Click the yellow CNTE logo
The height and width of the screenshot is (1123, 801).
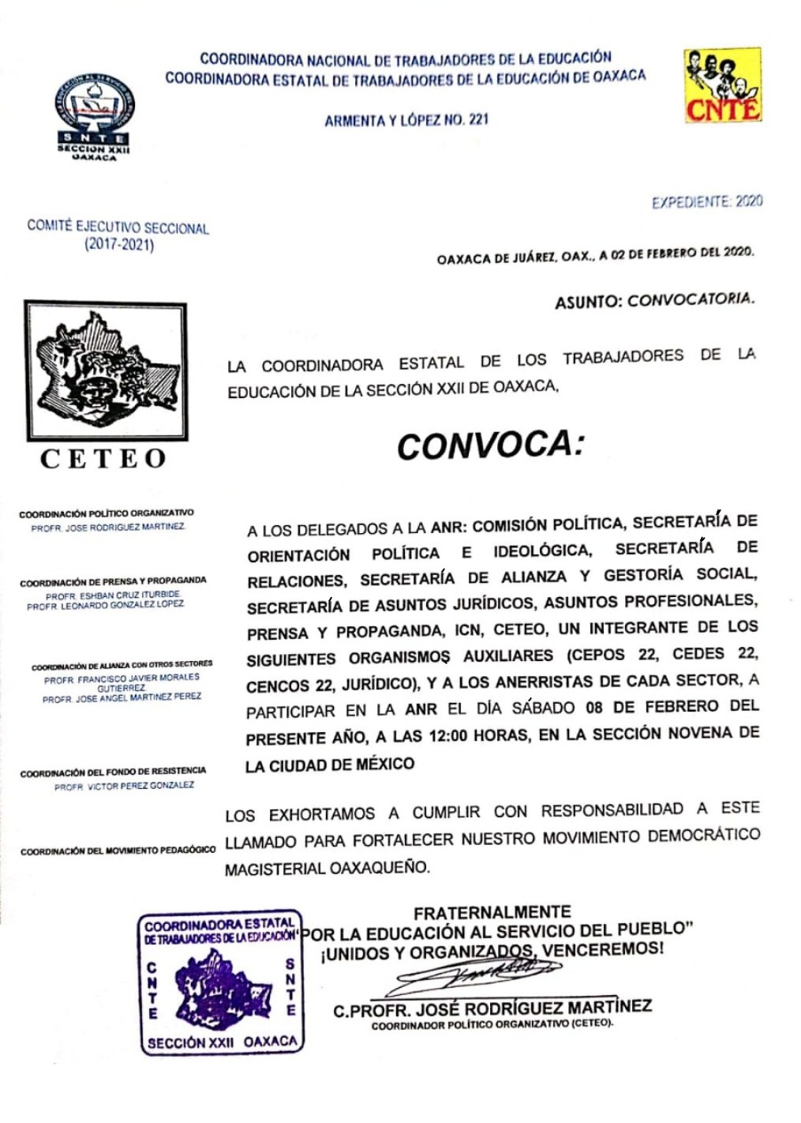coord(722,85)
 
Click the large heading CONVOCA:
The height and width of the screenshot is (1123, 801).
coord(490,445)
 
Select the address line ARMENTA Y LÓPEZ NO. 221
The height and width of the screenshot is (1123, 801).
coord(406,120)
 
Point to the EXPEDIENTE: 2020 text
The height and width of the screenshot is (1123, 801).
coord(707,201)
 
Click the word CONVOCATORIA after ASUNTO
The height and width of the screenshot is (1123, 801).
coord(691,299)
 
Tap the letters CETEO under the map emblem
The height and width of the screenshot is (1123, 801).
coord(103,459)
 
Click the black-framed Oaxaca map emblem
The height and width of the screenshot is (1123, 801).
coord(106,370)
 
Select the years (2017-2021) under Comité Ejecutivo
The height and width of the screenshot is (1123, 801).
coord(119,244)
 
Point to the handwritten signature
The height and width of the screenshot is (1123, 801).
coord(473,976)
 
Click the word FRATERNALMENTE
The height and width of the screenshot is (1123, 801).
coord(492,912)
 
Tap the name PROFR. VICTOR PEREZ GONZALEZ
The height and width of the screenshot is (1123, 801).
coord(124,787)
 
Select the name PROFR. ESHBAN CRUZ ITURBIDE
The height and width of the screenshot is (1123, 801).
coord(114,595)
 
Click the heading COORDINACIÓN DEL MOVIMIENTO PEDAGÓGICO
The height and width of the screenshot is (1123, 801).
coord(118,851)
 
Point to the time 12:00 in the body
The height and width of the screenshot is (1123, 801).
coord(447,735)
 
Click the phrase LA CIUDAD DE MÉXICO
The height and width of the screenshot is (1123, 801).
coord(329,765)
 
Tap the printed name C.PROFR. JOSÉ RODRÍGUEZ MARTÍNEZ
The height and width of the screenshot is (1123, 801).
coord(492,1008)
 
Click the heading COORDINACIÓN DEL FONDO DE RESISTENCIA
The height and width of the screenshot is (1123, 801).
coord(113,772)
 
